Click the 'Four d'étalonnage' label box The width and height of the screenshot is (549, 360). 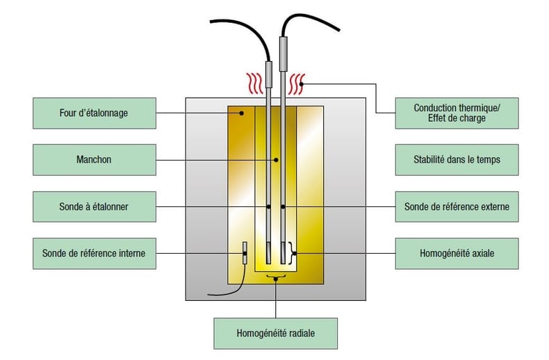[x=94, y=113]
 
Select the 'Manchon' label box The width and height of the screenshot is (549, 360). [x=94, y=160]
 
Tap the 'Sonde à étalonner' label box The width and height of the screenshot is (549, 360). [x=94, y=206]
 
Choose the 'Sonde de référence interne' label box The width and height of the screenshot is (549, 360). [x=94, y=253]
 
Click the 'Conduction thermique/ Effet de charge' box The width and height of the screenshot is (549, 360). [x=457, y=113]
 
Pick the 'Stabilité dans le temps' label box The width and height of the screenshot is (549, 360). [x=457, y=160]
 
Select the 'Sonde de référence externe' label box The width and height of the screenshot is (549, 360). [x=457, y=206]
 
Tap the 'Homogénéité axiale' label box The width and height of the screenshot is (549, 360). [x=457, y=253]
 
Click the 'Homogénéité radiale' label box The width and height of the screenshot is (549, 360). [x=276, y=334]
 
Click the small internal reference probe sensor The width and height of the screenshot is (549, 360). [x=245, y=253]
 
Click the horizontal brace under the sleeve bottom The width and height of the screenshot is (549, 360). [x=277, y=278]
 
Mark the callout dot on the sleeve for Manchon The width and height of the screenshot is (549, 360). [x=277, y=160]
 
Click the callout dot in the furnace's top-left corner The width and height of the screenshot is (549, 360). [x=241, y=113]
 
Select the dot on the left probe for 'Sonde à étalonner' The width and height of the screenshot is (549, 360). [x=269, y=206]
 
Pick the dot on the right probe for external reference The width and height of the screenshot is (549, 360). [x=284, y=206]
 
